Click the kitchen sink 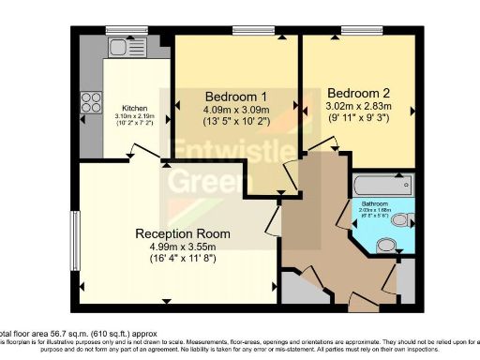[119, 47]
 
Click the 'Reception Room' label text [182, 233]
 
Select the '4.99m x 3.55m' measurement [182, 247]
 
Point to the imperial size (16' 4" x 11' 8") [182, 261]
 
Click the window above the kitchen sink [119, 31]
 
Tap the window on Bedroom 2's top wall [353, 31]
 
